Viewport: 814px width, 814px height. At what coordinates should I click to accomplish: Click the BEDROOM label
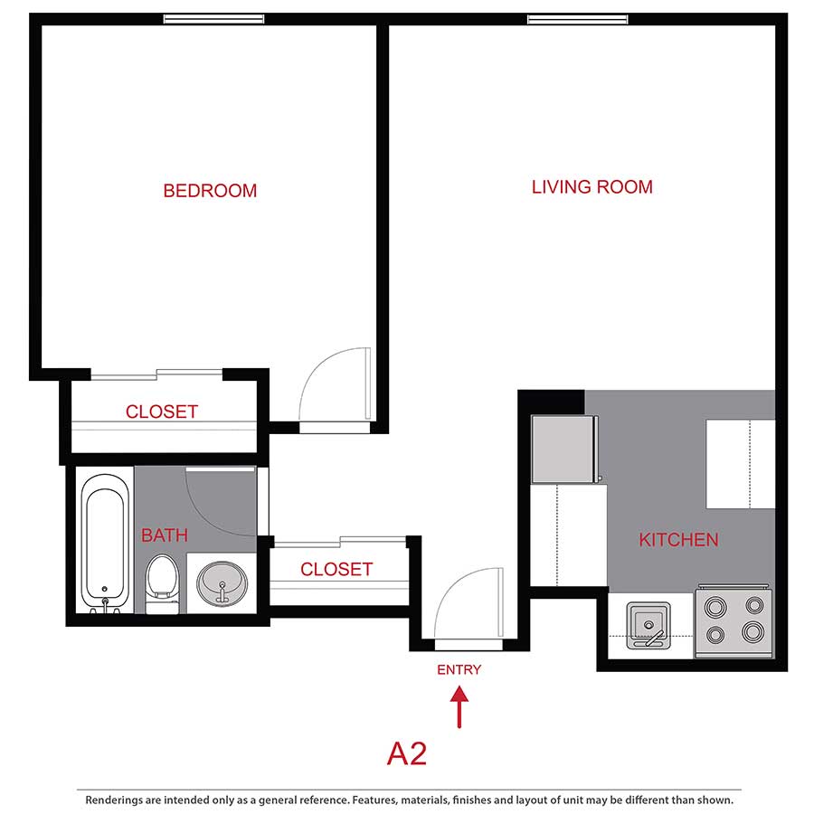click(210, 191)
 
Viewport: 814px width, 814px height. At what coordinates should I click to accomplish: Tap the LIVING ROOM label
click(592, 187)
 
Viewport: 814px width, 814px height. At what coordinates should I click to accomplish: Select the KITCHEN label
click(678, 540)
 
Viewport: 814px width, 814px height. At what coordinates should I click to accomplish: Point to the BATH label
click(165, 535)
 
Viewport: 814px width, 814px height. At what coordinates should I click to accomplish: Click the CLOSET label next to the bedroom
click(161, 412)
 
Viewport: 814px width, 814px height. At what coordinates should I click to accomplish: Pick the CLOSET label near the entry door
click(336, 569)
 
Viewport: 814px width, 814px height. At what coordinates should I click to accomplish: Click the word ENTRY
click(459, 670)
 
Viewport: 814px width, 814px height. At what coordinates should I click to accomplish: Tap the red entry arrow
click(459, 706)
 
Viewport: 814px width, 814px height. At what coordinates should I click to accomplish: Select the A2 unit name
click(407, 753)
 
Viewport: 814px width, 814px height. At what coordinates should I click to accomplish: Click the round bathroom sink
click(222, 581)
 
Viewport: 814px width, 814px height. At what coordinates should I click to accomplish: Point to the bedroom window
click(213, 19)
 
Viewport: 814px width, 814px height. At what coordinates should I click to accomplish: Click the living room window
click(577, 19)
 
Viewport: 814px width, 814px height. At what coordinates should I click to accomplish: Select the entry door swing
click(469, 604)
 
